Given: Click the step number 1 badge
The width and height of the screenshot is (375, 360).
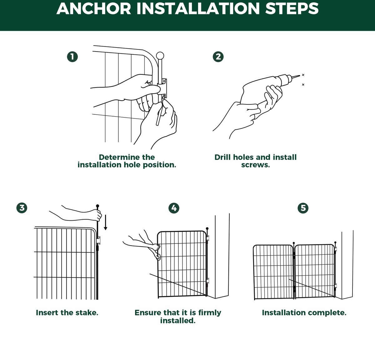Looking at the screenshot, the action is coord(72,57).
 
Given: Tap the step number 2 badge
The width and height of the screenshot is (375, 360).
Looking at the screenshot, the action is coord(218,57).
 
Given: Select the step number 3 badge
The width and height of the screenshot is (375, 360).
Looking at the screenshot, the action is coord(22,208).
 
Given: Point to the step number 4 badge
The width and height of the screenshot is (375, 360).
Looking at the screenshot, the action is coord(174,208).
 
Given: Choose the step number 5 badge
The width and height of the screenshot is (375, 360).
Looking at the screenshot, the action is coord(303,208).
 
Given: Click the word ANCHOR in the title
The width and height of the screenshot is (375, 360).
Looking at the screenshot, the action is coord(94,9).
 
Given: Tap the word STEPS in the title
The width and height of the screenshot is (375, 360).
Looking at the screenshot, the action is coord(292,9).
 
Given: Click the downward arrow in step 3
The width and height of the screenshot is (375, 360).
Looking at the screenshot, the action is coord(105,222).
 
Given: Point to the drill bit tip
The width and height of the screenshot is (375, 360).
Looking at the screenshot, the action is coord(300,75).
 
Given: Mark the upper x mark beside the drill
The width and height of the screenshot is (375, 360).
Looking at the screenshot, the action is coord(303,75).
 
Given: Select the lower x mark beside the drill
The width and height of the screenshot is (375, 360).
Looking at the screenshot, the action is coord(303,85).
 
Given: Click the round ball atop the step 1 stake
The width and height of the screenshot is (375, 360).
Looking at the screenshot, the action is coord(160,56).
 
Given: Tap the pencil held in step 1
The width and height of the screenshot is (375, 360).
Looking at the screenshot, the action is coord(160,112).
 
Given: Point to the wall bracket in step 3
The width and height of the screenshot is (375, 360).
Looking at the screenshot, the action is coord(98,240).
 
